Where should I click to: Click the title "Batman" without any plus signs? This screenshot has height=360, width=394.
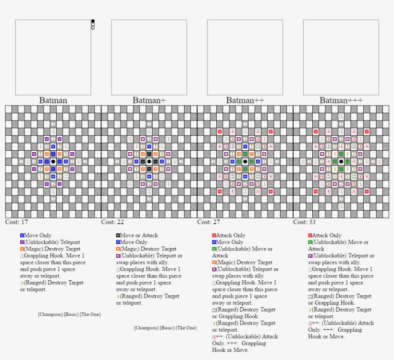point(53,100)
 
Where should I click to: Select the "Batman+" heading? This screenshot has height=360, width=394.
point(149,100)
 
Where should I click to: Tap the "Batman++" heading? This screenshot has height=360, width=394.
point(245,100)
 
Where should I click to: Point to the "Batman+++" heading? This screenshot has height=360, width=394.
point(341,100)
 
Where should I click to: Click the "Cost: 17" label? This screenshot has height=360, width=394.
point(16,222)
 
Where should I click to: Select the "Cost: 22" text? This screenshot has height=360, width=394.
point(112,222)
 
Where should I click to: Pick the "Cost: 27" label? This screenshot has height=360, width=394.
point(209,222)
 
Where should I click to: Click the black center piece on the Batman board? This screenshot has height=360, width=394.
point(53,162)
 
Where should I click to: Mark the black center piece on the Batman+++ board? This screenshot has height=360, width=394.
point(341,162)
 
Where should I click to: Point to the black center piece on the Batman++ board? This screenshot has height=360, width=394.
point(245,162)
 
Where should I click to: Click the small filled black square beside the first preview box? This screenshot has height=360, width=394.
point(93,21)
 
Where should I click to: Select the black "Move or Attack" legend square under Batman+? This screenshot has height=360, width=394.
point(118,236)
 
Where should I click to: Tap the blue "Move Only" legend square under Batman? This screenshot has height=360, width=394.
point(22,236)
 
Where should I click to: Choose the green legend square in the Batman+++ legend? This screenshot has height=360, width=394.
point(310,242)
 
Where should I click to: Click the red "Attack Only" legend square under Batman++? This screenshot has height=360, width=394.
point(214,236)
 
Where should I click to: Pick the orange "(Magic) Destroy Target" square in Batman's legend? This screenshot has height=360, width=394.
point(22,249)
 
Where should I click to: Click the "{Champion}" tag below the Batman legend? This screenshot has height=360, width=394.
point(50,314)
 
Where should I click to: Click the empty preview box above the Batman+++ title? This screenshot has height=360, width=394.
point(341,57)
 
